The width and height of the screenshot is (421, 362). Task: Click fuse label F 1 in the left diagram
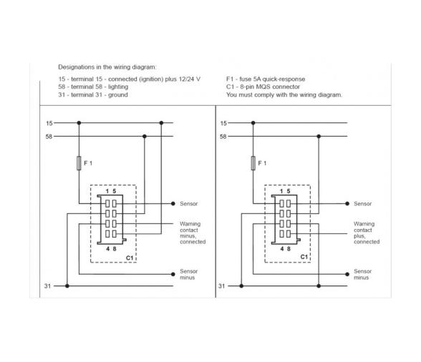pos(88,164)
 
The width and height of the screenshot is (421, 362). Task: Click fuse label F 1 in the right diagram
pos(262,164)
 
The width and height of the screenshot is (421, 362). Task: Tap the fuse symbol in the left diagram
pos(79,165)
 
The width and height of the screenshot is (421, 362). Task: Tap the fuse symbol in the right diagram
pos(253,165)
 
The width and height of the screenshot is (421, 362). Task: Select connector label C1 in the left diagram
pos(130,255)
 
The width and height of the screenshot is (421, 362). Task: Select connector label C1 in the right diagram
pos(304,255)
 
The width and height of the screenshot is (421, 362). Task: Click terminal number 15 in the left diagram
pos(49,123)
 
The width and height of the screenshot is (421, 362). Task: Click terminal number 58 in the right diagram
pos(223,136)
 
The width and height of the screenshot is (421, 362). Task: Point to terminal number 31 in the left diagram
pos(48,285)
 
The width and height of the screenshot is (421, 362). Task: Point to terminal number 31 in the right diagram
pos(223,285)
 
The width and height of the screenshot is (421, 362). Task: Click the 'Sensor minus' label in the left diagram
pos(188,275)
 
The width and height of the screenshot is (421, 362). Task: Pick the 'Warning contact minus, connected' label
pos(192,233)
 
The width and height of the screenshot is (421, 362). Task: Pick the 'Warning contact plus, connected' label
pos(367,233)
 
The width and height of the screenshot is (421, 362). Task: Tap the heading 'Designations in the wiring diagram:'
pos(107,67)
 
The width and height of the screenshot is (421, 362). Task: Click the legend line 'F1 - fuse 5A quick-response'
pos(266,79)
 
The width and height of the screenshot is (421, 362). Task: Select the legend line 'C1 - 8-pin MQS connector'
pos(263,87)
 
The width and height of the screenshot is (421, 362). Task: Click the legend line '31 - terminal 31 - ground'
pos(93,94)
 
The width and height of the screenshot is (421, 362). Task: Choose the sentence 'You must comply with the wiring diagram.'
pos(284,94)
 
